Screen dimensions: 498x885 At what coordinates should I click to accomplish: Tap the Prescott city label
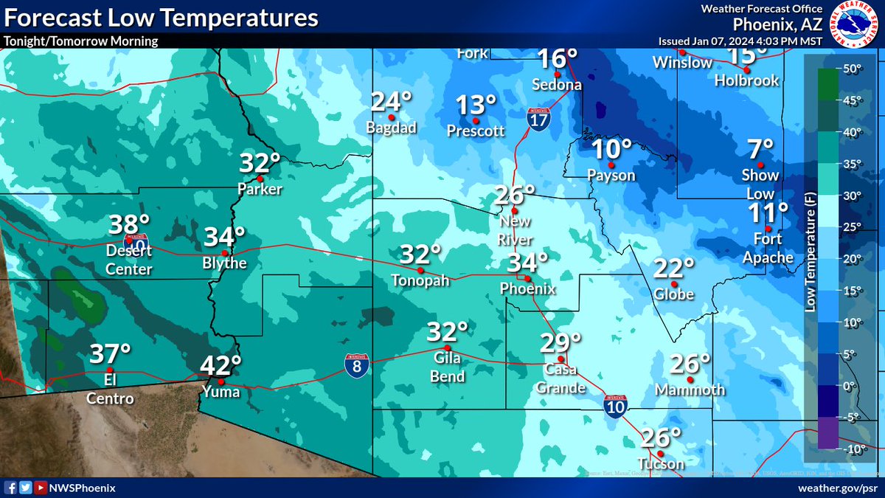(476, 131)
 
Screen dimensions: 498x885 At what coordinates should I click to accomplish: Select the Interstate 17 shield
(537, 117)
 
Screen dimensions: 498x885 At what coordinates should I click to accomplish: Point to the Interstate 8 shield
(356, 365)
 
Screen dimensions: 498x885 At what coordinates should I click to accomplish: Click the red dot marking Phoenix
(526, 278)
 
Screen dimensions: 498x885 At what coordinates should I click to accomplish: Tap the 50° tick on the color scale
(853, 69)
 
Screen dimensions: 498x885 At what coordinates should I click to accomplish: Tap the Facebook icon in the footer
(10, 488)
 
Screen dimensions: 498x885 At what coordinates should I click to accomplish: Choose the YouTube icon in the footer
(39, 488)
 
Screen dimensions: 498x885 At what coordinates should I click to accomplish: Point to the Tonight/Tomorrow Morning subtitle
(80, 41)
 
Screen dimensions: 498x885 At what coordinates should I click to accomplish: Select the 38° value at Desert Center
(130, 224)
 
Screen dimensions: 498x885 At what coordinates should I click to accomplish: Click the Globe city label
(674, 294)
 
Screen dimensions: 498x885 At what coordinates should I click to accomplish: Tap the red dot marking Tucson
(660, 453)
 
